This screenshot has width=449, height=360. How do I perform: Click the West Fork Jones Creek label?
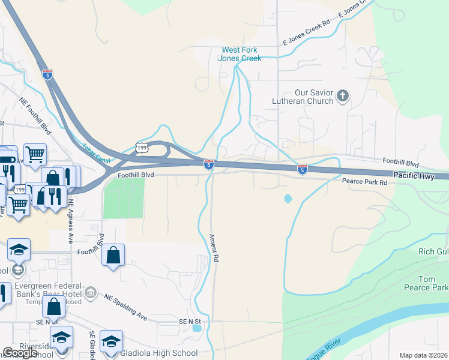pyautogui.click(x=242, y=54)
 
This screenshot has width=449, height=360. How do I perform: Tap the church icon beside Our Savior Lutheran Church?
pyautogui.click(x=343, y=96)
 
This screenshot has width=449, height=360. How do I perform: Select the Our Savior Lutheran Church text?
pyautogui.click(x=305, y=97)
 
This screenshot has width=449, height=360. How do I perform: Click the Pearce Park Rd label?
pyautogui.click(x=365, y=181)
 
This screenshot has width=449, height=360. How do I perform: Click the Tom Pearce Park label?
pyautogui.click(x=432, y=283)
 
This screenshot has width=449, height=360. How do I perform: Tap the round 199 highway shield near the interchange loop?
pyautogui.click(x=142, y=147)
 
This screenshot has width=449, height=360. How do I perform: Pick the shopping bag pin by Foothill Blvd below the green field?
pyautogui.click(x=113, y=254)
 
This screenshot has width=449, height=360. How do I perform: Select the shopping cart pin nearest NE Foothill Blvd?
pyautogui.click(x=35, y=154)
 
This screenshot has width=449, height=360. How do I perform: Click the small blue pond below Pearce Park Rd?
pyautogui.click(x=288, y=198)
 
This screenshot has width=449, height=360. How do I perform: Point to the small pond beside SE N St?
pyautogui.click(x=197, y=328)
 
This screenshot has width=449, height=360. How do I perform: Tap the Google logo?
pyautogui.click(x=20, y=353)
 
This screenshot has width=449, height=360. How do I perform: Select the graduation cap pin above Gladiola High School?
pyautogui.click(x=110, y=341)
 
